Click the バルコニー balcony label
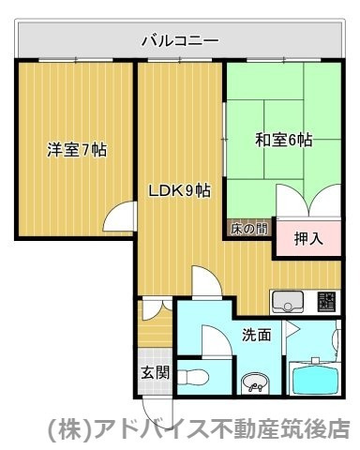pyautogui.click(x=179, y=40)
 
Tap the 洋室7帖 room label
pyautogui.click(x=76, y=149)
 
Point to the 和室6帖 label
pyautogui.click(x=283, y=141)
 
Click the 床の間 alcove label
pyautogui.click(x=247, y=228)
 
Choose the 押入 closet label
pyautogui.click(x=307, y=238)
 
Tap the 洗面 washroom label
pyautogui.click(x=256, y=334)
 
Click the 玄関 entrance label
pyautogui.click(x=156, y=371)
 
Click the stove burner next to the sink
pyautogui.click(x=326, y=302)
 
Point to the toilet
pyautogui.click(x=192, y=377)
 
